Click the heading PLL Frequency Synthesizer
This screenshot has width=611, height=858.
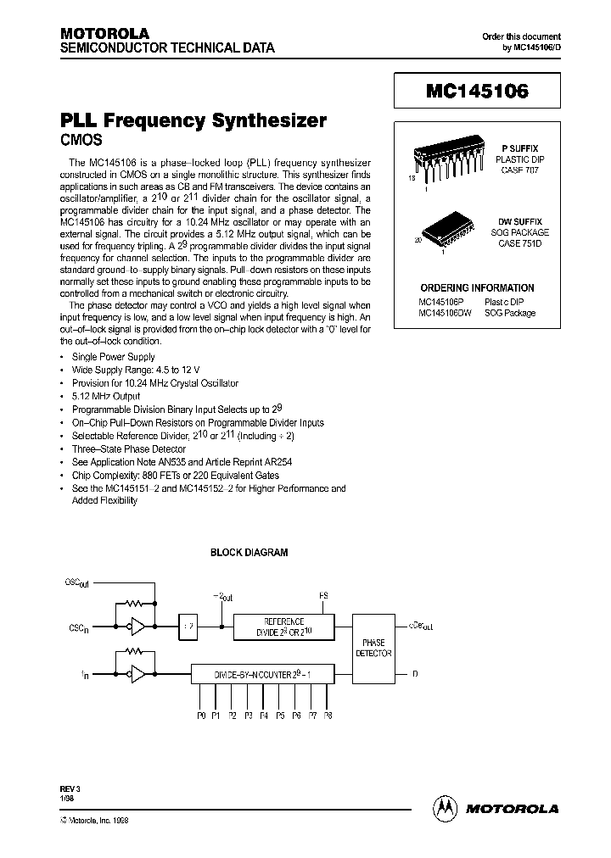(193, 120)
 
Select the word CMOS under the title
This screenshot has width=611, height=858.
(83, 140)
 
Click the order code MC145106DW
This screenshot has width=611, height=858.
(446, 313)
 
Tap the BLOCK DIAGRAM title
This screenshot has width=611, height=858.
(249, 552)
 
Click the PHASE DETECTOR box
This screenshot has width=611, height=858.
(373, 649)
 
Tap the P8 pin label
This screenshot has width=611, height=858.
(328, 716)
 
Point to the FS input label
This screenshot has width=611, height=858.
(322, 595)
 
